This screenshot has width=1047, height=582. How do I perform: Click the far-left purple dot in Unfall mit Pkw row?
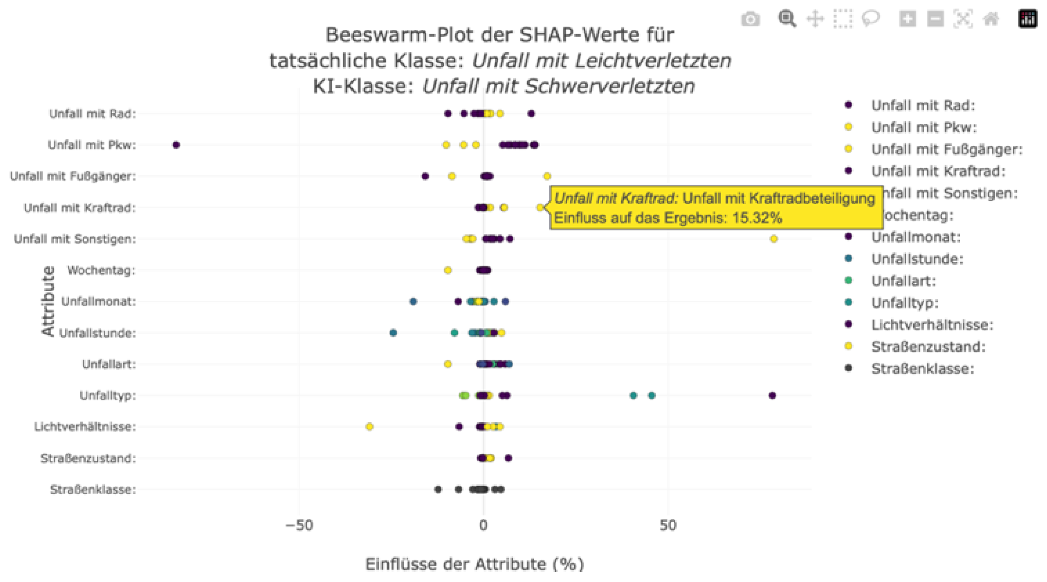pos(176,145)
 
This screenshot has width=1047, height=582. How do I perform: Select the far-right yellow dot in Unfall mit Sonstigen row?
pos(774,239)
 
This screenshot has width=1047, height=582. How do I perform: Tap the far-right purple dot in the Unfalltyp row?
pos(772,395)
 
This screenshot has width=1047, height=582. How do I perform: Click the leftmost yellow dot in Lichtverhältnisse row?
pos(369,427)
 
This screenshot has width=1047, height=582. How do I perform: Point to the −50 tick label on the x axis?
pos(299,526)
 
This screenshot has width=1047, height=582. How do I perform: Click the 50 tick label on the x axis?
pos(668,526)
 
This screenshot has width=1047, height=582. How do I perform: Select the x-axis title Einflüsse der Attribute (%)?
pos(474,564)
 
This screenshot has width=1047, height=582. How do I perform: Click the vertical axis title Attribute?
pos(48,301)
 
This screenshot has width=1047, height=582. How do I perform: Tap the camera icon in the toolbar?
pos(750,19)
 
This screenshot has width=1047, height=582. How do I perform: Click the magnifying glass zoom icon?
pos(787,19)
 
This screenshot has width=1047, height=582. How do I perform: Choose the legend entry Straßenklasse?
pos(922,369)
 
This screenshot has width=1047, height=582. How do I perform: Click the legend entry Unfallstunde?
pos(917,259)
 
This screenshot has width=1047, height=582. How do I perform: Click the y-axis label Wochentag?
pos(101,270)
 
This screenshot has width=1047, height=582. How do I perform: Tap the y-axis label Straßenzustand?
pos(88,458)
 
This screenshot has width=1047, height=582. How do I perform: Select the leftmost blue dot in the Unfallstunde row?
pos(393,333)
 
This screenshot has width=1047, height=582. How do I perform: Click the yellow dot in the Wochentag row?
pos(448,270)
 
